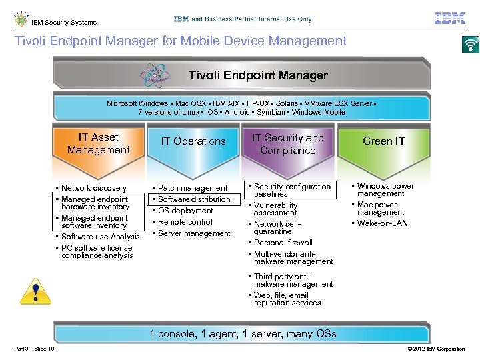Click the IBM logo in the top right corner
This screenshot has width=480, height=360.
(450, 18)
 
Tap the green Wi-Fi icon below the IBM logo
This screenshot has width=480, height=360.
(471, 44)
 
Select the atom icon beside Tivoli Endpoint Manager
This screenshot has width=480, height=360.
(156, 75)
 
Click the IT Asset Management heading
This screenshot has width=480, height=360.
(98, 143)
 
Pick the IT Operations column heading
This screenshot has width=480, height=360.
(193, 141)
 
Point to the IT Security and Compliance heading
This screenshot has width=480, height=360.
(287, 144)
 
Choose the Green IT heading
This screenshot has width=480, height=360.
(383, 141)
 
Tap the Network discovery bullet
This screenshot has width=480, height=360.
(93, 188)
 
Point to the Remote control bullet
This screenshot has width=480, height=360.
(185, 222)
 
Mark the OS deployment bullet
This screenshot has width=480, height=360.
(185, 211)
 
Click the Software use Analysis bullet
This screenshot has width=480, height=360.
(100, 237)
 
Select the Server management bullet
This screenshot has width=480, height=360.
(193, 233)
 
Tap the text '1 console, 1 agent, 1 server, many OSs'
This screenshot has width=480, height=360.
(243, 334)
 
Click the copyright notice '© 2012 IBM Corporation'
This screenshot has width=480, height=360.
(436, 349)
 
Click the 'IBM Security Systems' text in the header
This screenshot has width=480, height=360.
(63, 22)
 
